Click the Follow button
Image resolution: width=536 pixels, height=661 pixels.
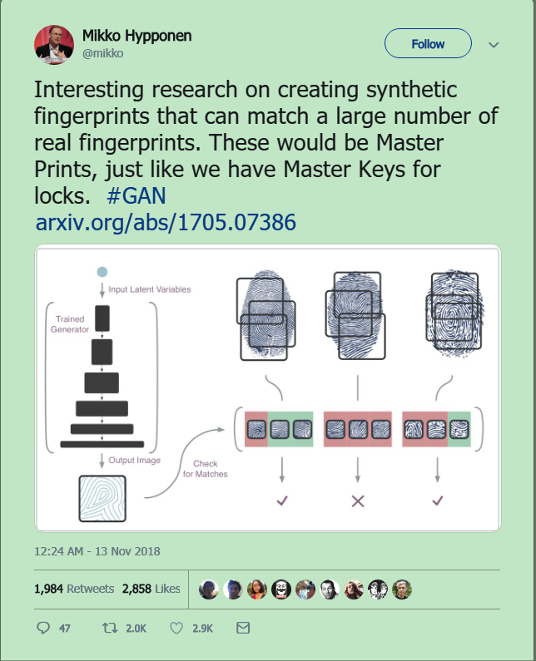[428, 44]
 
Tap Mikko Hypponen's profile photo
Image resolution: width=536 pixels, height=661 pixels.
[54, 45]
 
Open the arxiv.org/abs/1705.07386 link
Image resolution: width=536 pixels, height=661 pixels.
[166, 224]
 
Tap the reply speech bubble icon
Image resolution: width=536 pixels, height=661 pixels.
[45, 628]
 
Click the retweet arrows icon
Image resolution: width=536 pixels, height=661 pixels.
[108, 628]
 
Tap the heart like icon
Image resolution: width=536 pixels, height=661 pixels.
[176, 628]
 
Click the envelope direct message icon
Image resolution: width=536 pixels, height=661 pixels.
[243, 628]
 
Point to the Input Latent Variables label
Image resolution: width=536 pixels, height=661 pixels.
[150, 289]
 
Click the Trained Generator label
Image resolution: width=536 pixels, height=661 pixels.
[72, 324]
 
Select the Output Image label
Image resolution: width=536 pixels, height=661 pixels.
[135, 460]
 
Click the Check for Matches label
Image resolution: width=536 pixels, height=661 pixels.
[204, 469]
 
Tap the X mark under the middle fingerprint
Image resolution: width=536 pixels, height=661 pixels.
[358, 501]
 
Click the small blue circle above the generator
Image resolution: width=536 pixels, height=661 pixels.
[102, 272]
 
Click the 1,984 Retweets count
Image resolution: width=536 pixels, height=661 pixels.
[74, 589]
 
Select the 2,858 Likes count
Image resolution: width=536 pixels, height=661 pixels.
[151, 589]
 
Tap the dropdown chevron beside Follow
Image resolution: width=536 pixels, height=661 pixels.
[493, 44]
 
